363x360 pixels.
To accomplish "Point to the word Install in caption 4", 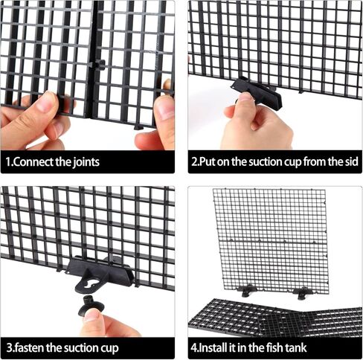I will pyautogui.click(x=216, y=347).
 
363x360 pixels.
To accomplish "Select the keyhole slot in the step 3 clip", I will pyautogui.click(x=89, y=281).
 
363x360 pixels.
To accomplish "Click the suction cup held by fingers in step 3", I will pyautogui.click(x=93, y=302).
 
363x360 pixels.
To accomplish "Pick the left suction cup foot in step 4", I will pyautogui.click(x=246, y=290).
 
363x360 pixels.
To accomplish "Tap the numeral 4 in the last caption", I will pyautogui.click(x=196, y=347).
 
